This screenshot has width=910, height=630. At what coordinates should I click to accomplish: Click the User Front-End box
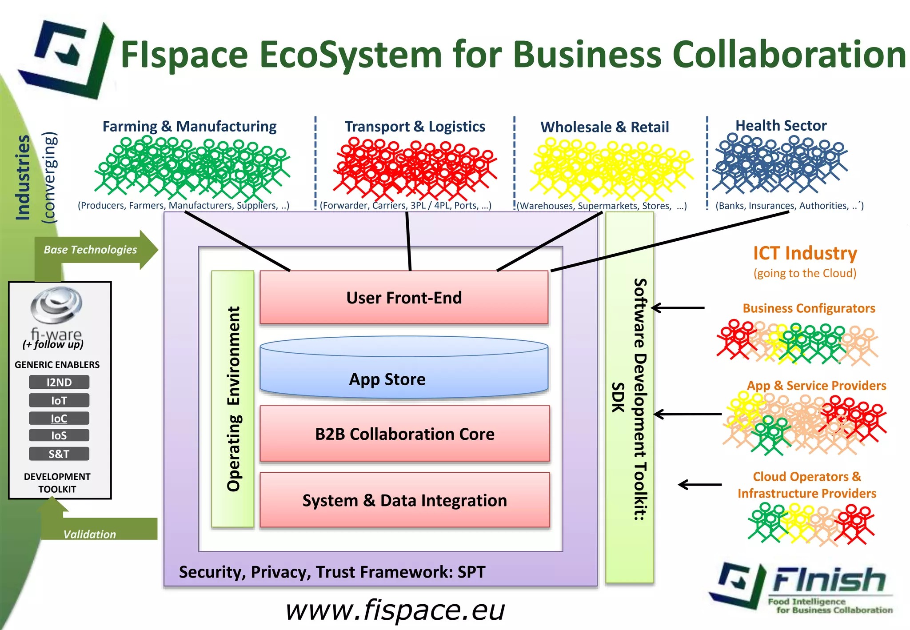coord(404,297)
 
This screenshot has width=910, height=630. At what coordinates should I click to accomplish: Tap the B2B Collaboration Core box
coord(404,434)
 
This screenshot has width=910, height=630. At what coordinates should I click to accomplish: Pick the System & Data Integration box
coord(404,500)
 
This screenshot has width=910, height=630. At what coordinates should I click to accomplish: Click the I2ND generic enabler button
coord(59,382)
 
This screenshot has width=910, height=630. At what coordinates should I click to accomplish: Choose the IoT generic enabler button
coord(59,400)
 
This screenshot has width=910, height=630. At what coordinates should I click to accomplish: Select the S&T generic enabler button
coord(59,454)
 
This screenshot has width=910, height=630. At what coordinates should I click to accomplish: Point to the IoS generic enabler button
coord(59,435)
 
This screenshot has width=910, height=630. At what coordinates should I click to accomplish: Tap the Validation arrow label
coord(90,534)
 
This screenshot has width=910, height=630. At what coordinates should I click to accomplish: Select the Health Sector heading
coord(781,126)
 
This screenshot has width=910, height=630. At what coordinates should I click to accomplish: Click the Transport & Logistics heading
coord(415,127)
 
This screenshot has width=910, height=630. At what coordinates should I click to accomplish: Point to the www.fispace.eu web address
coord(395,610)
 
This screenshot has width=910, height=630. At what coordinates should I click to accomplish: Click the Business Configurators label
coord(809,308)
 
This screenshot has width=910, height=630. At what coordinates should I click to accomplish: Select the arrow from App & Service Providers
coord(687,414)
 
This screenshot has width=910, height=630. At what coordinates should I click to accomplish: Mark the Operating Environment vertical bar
coord(233,399)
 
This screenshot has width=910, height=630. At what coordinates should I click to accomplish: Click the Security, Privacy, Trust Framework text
coord(332,572)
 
